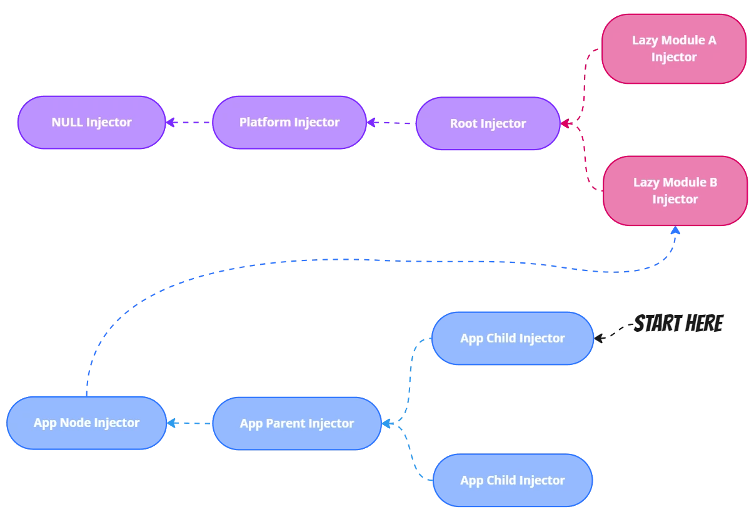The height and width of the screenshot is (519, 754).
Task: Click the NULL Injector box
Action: [x=91, y=123]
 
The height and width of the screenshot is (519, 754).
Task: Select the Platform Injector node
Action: [x=289, y=123]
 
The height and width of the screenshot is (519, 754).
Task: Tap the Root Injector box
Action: [x=488, y=124]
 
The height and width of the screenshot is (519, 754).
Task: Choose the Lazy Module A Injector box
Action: [x=674, y=49]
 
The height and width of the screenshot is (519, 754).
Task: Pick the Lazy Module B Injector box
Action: [x=675, y=191]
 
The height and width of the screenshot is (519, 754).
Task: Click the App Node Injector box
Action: [x=86, y=423]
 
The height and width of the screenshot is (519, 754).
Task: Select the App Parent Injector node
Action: [x=296, y=424]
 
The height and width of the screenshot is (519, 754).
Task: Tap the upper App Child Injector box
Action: [x=512, y=339]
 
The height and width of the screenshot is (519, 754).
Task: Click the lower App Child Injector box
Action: [x=512, y=481]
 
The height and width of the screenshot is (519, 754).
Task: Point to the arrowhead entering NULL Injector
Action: [x=170, y=123]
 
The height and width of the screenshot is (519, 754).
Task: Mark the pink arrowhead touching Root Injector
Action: [x=566, y=124]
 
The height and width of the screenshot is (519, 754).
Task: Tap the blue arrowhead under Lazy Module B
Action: [x=675, y=230]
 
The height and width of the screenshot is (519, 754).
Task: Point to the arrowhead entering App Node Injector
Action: [x=172, y=424]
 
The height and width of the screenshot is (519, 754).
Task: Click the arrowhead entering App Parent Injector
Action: [x=387, y=424]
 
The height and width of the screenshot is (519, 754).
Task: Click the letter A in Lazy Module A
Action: [x=711, y=41]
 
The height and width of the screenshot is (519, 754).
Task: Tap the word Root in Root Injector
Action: [x=463, y=124]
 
